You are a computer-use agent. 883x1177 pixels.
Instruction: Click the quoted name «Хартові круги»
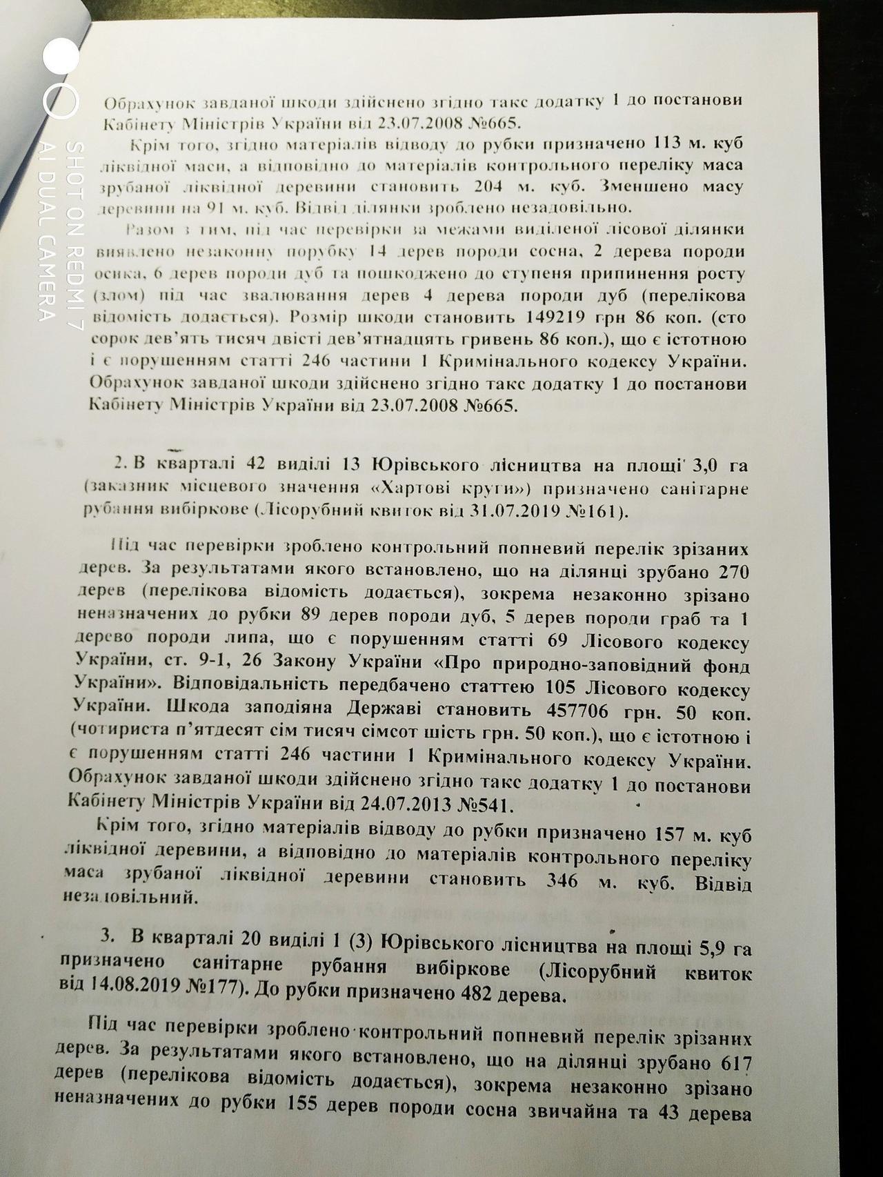[x=451, y=488]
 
